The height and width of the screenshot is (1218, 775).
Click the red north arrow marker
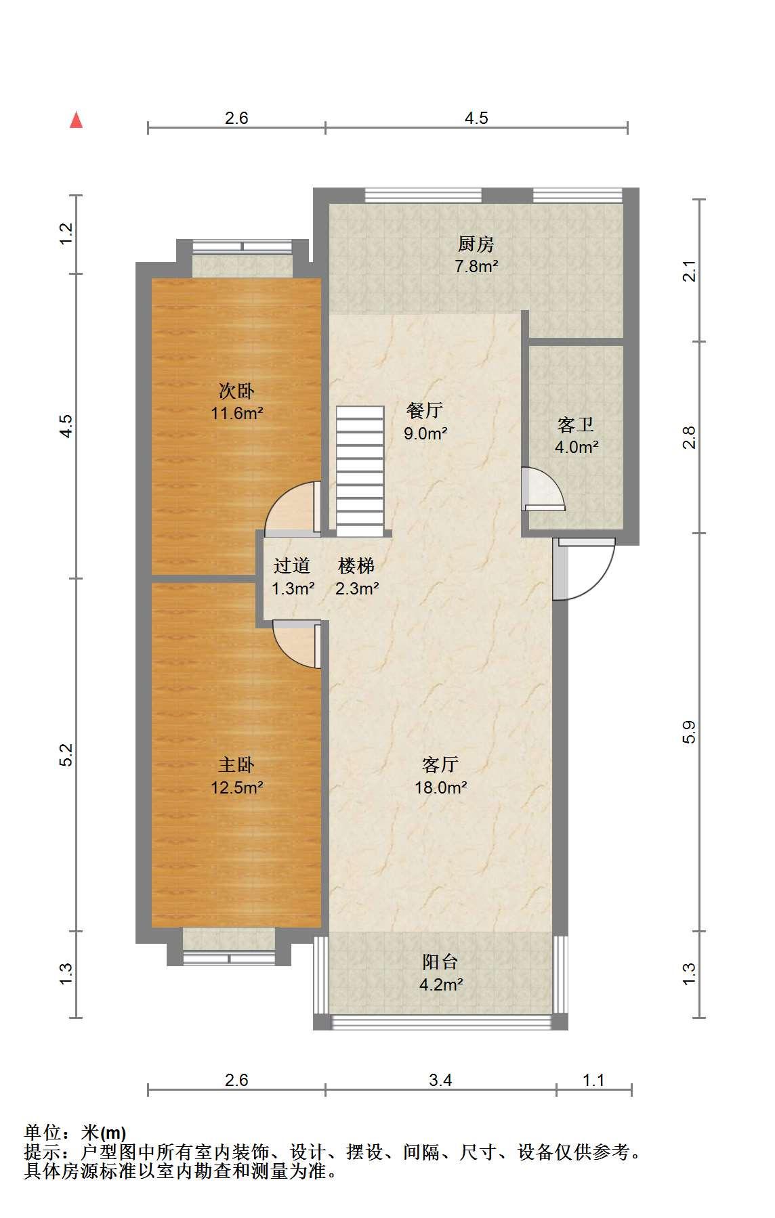point(77,121)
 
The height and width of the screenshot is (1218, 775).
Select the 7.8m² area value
point(476,267)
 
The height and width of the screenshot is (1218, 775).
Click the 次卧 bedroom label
point(236,391)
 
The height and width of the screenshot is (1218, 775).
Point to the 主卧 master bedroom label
point(236,765)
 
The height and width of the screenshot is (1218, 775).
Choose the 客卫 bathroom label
point(576,425)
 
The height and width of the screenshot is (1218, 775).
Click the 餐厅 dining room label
point(425,410)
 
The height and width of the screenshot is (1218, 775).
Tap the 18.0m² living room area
point(441,787)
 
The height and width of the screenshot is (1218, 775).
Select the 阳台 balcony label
point(440,962)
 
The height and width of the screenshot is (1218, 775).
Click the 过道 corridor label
point(292,566)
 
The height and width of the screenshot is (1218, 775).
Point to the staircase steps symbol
point(360,471)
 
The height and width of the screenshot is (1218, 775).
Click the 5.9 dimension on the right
point(689,733)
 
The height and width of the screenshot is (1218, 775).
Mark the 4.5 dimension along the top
point(476,118)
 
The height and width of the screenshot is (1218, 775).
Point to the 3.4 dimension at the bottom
point(440,1079)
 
